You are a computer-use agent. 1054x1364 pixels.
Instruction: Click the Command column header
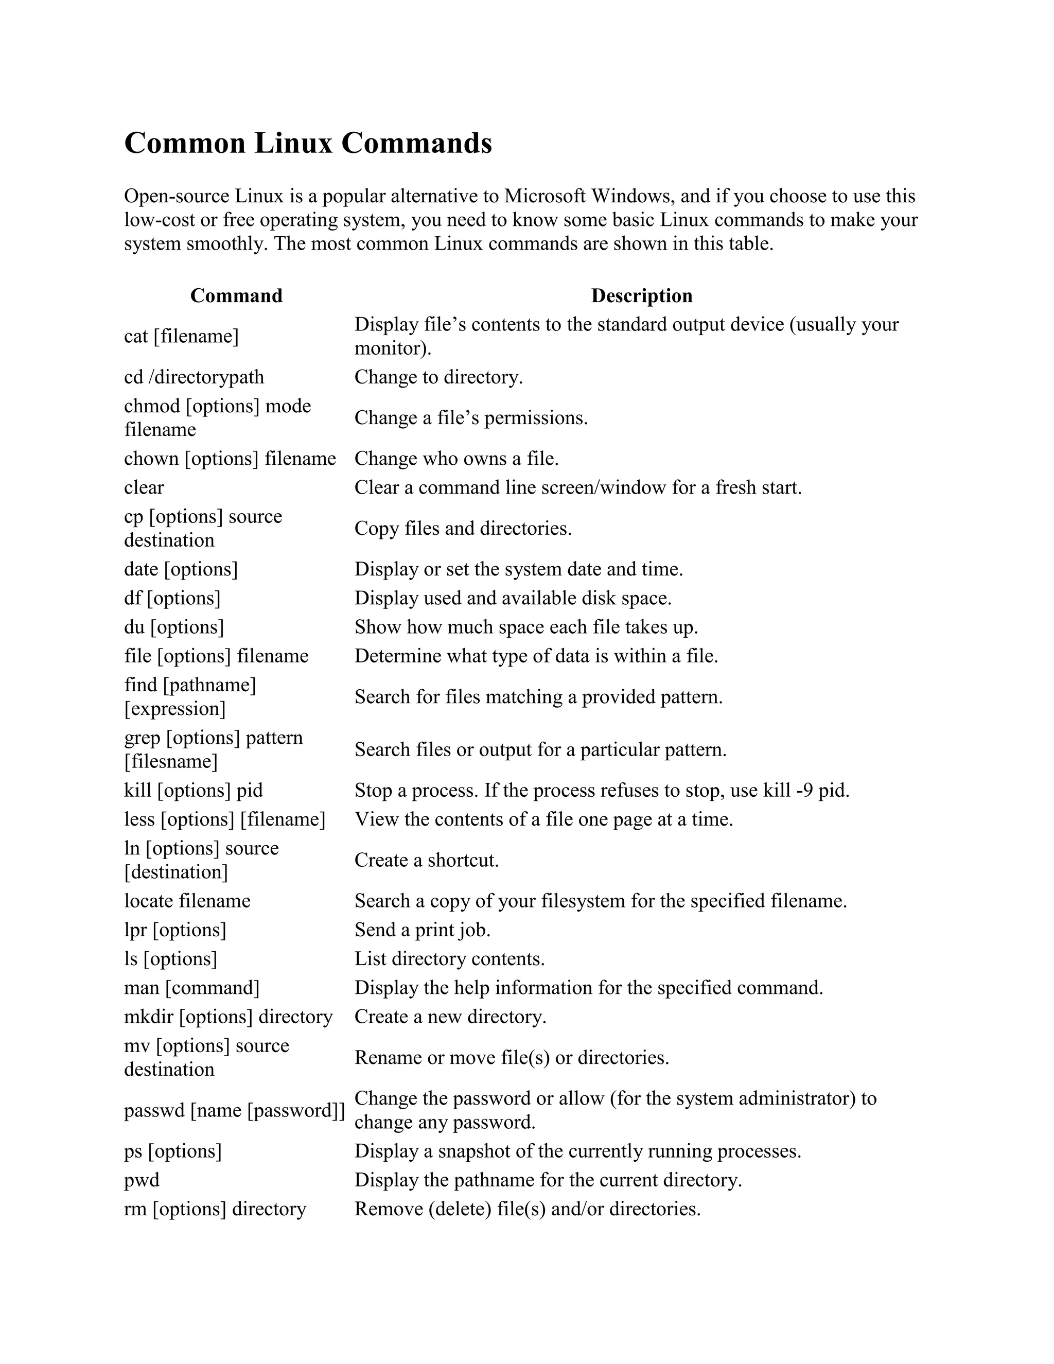click(x=236, y=295)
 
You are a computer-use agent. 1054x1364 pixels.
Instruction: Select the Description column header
click(x=641, y=295)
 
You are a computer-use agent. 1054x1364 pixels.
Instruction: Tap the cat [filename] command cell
click(x=181, y=337)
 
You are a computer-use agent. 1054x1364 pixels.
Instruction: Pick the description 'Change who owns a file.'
click(x=456, y=459)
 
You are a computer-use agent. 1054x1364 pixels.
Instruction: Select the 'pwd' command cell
click(x=142, y=1180)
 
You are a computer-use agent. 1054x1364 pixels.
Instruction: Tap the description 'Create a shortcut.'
click(x=427, y=861)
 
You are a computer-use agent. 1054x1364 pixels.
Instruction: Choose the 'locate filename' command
click(x=187, y=901)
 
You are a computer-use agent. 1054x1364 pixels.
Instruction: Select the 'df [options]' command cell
click(x=172, y=598)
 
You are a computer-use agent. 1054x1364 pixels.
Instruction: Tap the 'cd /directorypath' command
click(x=194, y=377)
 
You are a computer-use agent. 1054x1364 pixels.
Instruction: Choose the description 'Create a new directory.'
click(x=450, y=1017)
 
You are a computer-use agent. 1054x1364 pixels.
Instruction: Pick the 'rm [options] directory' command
click(x=215, y=1209)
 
